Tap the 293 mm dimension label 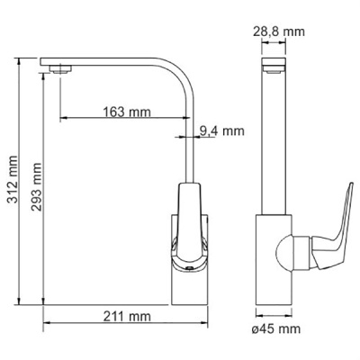click(36, 187)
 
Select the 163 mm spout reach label click(127, 112)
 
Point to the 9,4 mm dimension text click(222, 130)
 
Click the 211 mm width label click(127, 316)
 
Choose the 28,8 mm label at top click(279, 31)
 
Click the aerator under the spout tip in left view click(61, 69)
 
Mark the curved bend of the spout click(183, 75)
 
